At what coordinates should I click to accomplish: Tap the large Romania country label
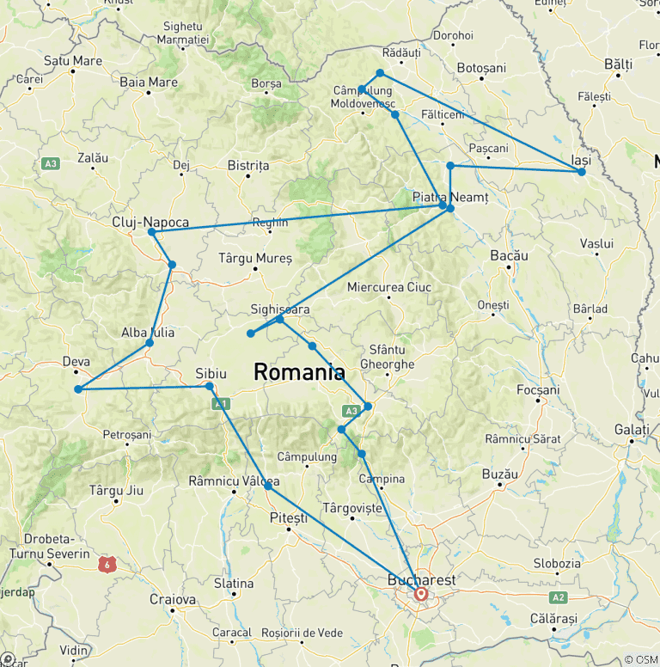point(299,372)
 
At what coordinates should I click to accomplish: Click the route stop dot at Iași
point(582,172)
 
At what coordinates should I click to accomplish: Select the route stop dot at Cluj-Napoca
point(151,232)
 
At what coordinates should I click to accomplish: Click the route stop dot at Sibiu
point(210,387)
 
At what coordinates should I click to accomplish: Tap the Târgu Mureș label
point(255,258)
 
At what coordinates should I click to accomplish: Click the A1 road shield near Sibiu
point(221,402)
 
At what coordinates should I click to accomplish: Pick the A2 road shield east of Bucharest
point(559,597)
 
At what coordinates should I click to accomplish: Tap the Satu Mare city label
point(73,61)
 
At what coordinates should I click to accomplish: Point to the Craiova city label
point(173,599)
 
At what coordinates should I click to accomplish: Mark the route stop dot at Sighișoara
point(280,319)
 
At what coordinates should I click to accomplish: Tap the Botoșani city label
point(482,68)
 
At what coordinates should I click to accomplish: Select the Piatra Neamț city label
point(449,197)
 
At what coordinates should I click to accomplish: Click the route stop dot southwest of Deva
point(78,389)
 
